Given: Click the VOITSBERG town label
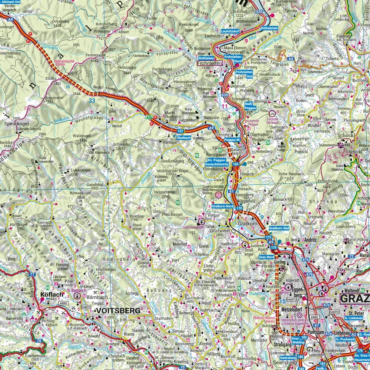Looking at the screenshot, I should pos(118,310).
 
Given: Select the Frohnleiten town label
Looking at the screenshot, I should pos(210,64).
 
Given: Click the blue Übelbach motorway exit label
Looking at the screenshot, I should pos(184,137).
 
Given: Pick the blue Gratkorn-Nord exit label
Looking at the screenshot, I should pos(222,206).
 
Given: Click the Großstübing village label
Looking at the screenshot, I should pos(173,161).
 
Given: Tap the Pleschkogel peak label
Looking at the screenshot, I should pos(173,214).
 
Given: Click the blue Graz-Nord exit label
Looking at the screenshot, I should pos(266,257).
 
